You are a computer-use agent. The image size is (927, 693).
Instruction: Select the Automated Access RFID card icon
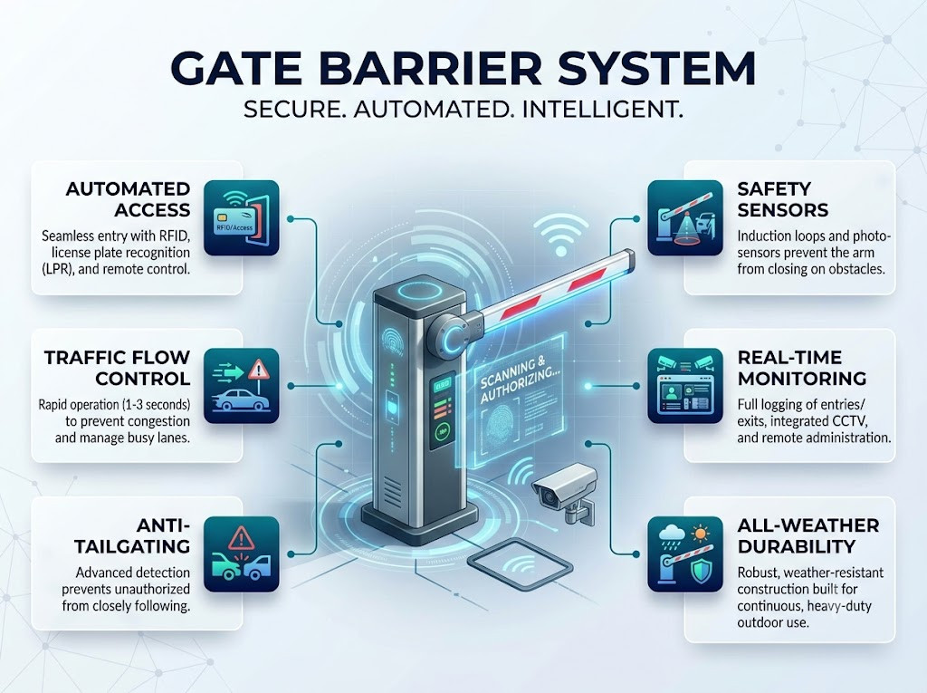pos(241,217)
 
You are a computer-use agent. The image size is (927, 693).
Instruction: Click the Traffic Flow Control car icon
pos(241,386)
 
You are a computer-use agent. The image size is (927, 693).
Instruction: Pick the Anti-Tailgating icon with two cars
pos(241,553)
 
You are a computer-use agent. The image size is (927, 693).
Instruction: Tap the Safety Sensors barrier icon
pos(685,217)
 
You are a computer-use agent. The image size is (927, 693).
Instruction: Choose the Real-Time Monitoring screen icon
pos(685,386)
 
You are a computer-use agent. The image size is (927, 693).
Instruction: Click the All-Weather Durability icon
pos(685,553)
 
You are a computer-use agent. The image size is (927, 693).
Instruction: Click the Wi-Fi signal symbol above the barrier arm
pos(561,236)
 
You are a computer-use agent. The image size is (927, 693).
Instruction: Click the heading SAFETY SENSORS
pos(783,199)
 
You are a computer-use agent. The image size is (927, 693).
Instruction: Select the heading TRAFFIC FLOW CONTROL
pos(117,368)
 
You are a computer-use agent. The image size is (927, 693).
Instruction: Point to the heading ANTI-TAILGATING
pos(132,535)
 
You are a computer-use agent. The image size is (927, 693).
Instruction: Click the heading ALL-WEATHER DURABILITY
pos(808,535)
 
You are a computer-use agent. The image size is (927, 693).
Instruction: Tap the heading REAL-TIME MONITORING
pos(802,368)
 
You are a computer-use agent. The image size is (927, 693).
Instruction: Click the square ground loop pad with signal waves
pos(521,565)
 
